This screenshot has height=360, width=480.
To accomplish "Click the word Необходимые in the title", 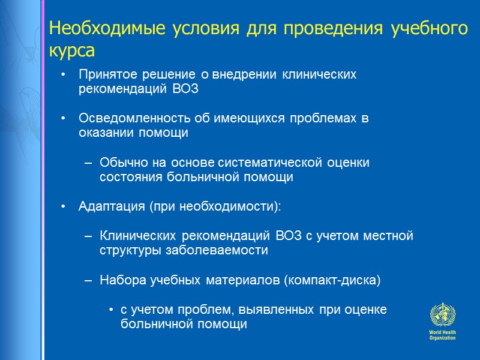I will coord(94,28).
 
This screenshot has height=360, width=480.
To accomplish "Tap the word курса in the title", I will coord(72,52).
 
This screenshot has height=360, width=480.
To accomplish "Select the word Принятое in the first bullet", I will coord(102,75).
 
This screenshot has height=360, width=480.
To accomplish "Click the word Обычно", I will coord(118,163).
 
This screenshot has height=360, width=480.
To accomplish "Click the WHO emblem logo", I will coord(442,314).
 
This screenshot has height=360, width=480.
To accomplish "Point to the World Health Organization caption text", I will coord(442,335).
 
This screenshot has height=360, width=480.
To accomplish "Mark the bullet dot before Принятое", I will coord(64,76).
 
